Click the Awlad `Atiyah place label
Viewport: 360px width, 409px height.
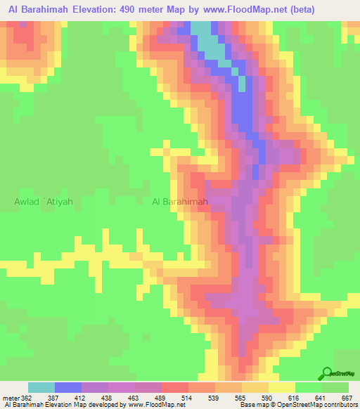pyautogui.click(x=44, y=202)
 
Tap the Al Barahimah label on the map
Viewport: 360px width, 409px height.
pyautogui.click(x=180, y=202)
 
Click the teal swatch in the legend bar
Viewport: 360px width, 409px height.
pyautogui.click(x=41, y=387)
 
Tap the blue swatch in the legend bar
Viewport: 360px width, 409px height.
pyautogui.click(x=68, y=387)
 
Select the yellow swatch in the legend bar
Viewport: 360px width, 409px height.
pyautogui.click(x=282, y=387)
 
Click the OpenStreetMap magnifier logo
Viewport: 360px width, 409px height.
pyautogui.click(x=327, y=373)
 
